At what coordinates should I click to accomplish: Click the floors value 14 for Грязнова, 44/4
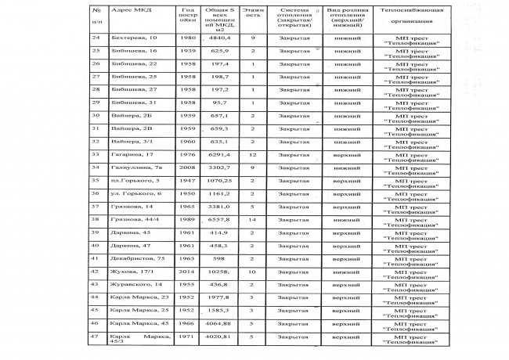253,221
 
